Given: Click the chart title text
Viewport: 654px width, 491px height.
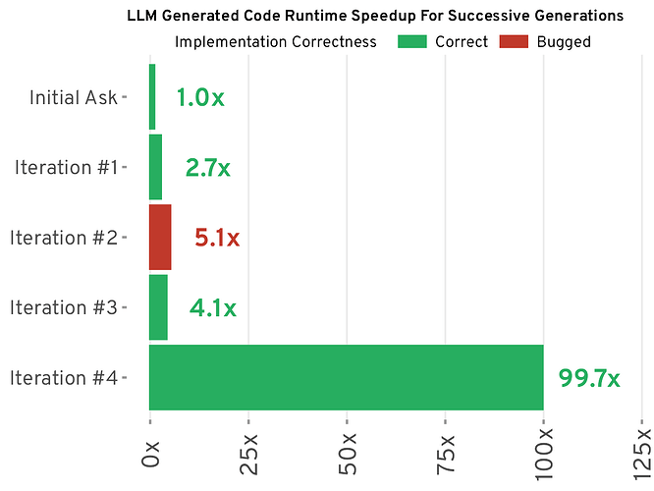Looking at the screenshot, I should point(375,17).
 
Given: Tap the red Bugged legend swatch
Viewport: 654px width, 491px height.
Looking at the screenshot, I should point(515,42).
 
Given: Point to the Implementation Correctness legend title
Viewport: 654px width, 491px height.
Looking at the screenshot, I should point(275,42).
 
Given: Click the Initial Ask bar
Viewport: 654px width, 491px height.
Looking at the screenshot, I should point(152,96).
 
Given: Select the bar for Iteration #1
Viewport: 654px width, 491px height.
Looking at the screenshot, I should point(155,167).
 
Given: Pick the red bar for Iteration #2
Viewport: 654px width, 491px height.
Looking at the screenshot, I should point(160,237).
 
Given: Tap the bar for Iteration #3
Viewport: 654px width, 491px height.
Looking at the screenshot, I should point(158,307).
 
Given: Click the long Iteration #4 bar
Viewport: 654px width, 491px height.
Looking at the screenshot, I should point(346,377).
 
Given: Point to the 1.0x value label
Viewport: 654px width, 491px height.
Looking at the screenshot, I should point(200,97).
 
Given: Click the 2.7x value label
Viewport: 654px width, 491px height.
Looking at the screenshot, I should point(208,168).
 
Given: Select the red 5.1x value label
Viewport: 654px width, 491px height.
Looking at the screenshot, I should point(217,238).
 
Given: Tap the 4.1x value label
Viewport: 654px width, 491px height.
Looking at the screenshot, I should point(213,308).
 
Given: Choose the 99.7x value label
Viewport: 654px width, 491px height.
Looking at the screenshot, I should point(589,378).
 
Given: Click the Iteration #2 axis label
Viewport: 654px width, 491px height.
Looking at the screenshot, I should point(65,238).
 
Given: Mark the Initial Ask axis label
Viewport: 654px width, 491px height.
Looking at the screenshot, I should point(74,97).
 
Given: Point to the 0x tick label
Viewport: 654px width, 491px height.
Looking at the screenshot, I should point(150,454).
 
